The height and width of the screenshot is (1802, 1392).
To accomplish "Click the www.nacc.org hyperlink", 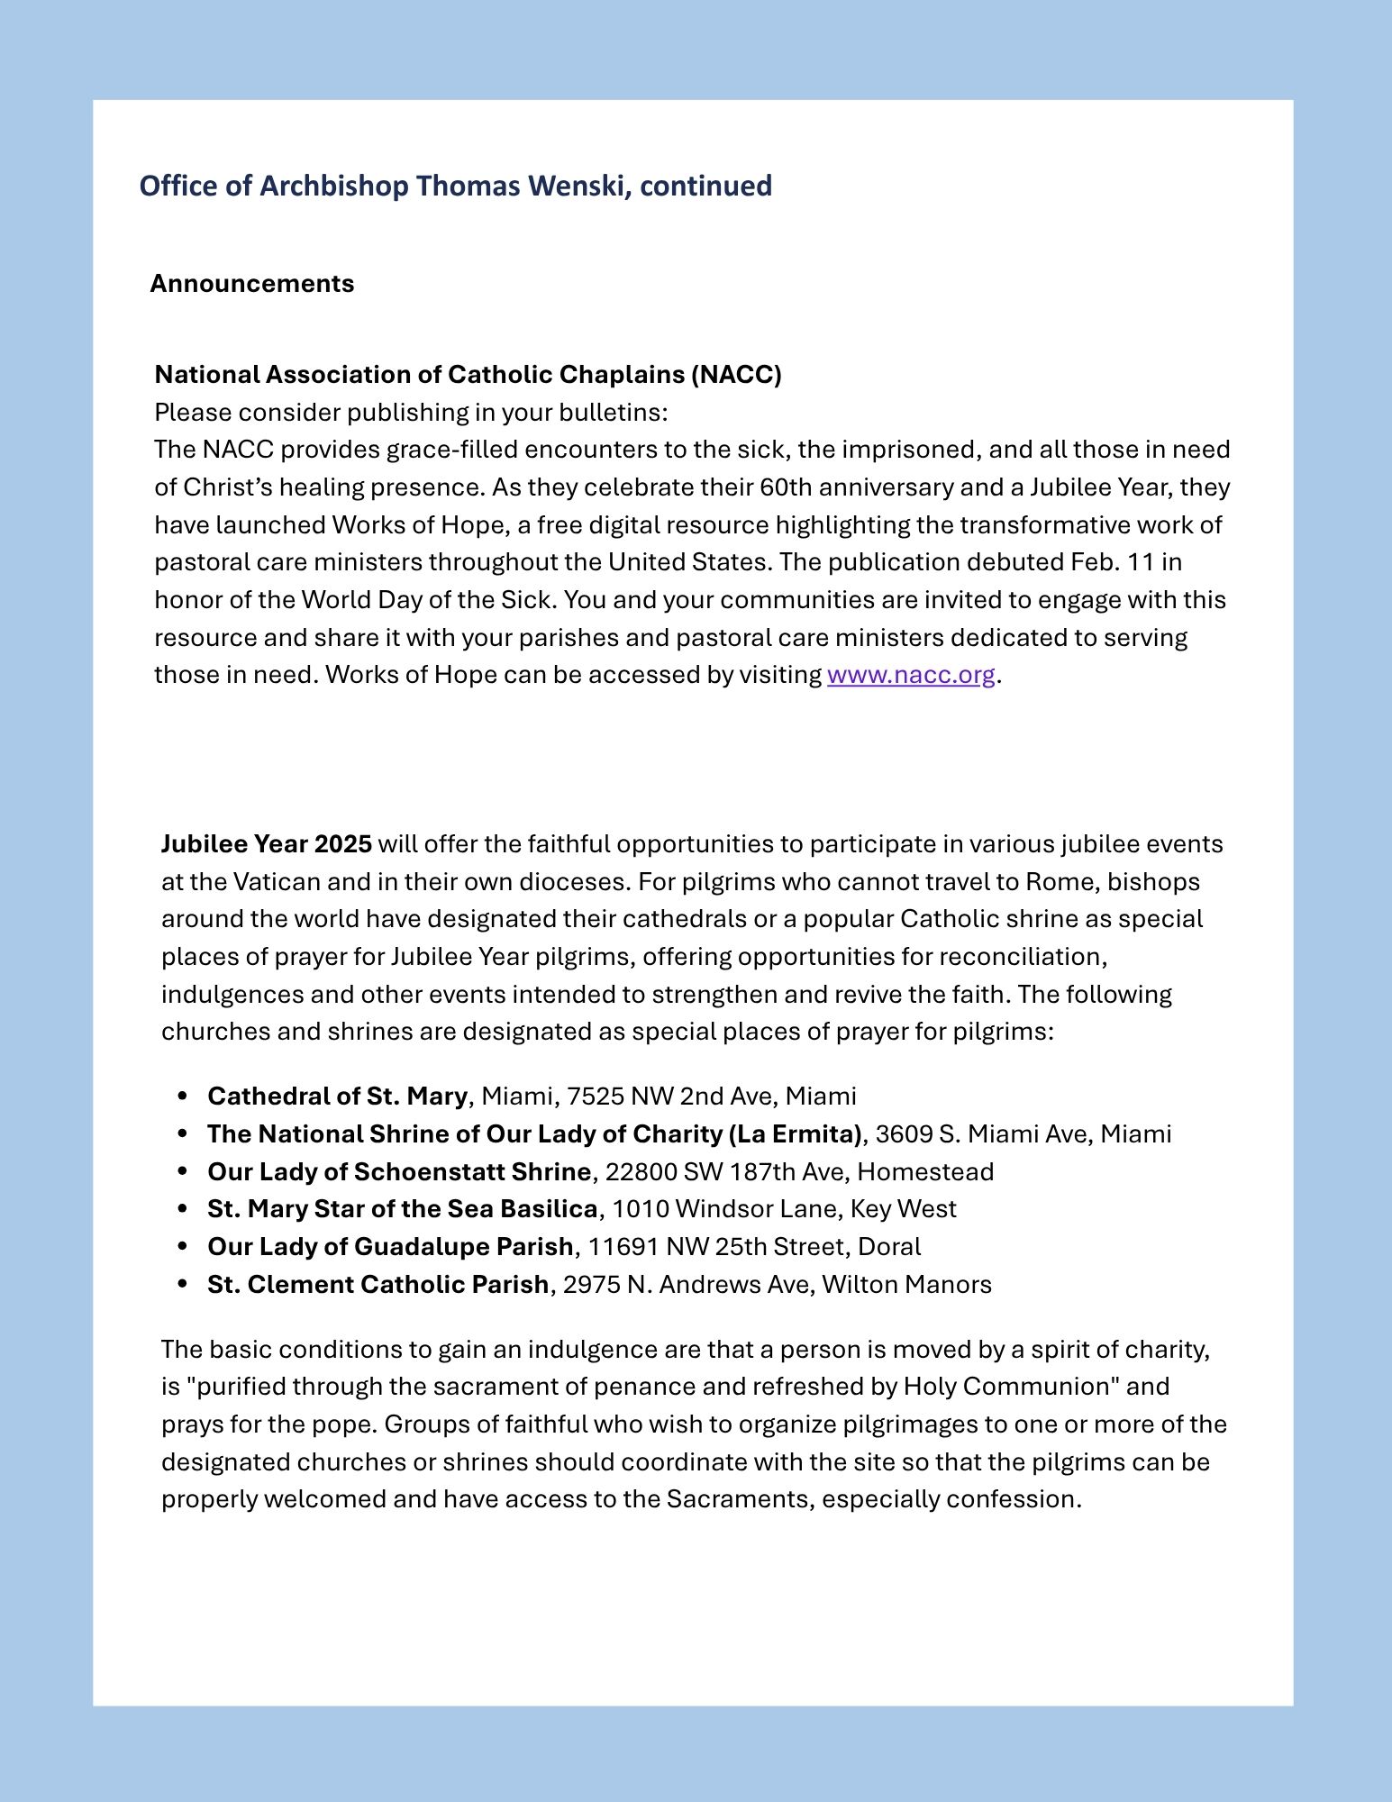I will pyautogui.click(x=910, y=675).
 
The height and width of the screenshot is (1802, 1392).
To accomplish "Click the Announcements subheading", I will pyautogui.click(x=252, y=284).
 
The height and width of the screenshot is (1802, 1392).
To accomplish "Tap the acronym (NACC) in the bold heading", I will pyautogui.click(x=736, y=375).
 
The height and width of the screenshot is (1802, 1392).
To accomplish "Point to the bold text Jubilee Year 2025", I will pyautogui.click(x=267, y=844).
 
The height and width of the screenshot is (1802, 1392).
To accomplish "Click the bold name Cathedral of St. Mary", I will pyautogui.click(x=337, y=1097).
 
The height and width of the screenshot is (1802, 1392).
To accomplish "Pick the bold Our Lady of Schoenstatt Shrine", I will pyautogui.click(x=398, y=1172).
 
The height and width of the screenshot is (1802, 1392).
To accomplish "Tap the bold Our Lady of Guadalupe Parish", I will pyautogui.click(x=390, y=1247).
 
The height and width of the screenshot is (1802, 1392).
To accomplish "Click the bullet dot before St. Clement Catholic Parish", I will pyautogui.click(x=184, y=1285).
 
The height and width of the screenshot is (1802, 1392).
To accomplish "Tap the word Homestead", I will pyautogui.click(x=925, y=1172).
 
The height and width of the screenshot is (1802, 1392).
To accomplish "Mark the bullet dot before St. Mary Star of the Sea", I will pyautogui.click(x=184, y=1209).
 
